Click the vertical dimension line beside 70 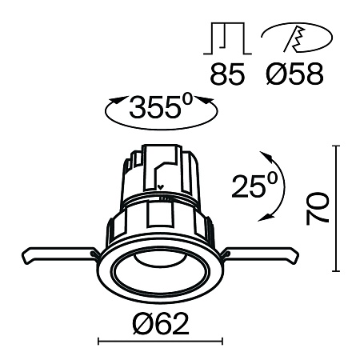pyautogui.click(x=335, y=210)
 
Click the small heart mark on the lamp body pyautogui.click(x=162, y=190)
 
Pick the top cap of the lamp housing pyautogui.click(x=162, y=151)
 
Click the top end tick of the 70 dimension pyautogui.click(x=335, y=146)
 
